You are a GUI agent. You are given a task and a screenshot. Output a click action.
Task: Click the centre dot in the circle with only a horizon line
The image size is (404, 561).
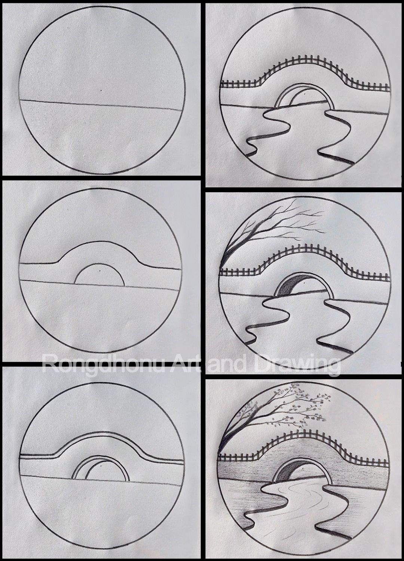101,91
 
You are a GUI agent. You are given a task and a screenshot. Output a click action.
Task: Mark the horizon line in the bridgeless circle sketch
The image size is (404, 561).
56,102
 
